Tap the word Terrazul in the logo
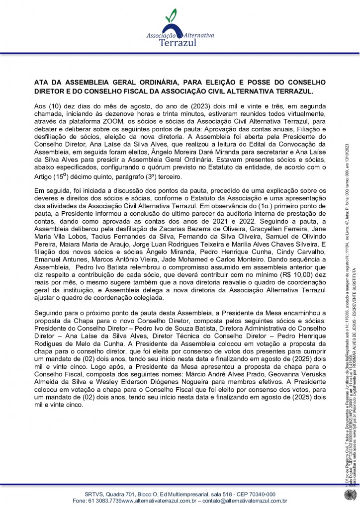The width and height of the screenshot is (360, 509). click(x=178, y=43)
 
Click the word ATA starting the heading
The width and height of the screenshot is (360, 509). click(x=41, y=82)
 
